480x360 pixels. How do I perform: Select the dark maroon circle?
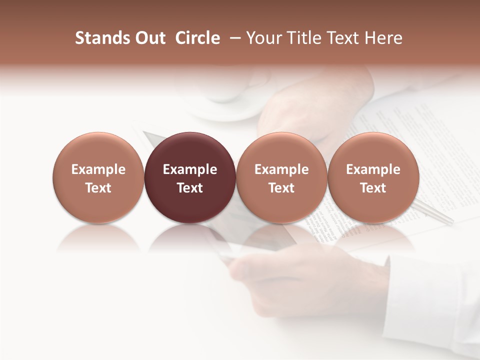click(190, 177)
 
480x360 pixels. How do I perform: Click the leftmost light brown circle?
click(98, 177)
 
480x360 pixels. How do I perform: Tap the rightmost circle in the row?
click(373, 177)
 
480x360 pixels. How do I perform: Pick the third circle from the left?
click(281, 177)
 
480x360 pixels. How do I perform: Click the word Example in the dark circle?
click(190, 169)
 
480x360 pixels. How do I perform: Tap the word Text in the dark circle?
click(190, 188)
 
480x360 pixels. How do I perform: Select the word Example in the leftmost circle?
click(98, 169)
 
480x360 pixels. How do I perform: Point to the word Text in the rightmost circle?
click(373, 188)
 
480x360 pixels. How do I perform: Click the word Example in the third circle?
click(281, 169)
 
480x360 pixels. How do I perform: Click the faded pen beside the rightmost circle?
click(434, 213)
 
